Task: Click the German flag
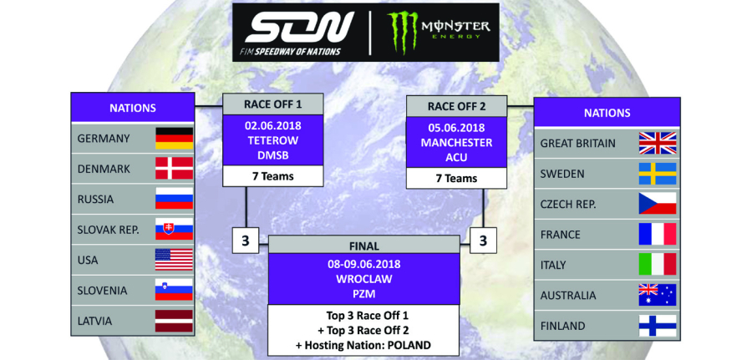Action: point(174,139)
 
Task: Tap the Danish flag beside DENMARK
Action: point(174,169)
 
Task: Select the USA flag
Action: point(174,260)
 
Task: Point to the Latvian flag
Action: point(174,321)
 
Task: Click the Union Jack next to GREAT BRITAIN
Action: point(658,144)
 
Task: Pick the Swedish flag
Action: point(658,174)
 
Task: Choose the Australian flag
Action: point(658,295)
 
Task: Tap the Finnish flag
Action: point(658,326)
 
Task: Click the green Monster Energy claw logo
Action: point(404,32)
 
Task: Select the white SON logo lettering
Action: point(299,28)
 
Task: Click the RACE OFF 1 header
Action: point(273,104)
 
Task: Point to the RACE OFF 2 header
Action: point(456,106)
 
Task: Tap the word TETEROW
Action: point(273,140)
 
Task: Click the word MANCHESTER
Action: point(456,143)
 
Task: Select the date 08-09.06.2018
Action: point(364,264)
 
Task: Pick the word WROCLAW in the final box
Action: point(364,279)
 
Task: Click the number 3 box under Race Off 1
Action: point(246,241)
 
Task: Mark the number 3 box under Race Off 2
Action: point(483,241)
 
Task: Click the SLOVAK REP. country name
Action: point(109,230)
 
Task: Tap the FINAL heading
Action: point(364,246)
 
